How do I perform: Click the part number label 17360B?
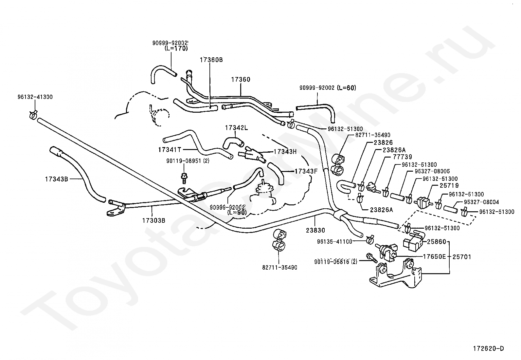211,60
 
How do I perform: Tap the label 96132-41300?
35,97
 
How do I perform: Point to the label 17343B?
57,179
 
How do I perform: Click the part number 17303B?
154,220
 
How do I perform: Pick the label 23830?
315,230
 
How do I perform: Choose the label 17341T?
170,150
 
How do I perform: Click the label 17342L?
237,128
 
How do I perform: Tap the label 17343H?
285,152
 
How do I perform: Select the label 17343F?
306,171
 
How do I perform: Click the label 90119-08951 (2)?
188,161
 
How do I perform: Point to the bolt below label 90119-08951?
184,178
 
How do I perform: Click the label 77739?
403,157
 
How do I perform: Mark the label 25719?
449,186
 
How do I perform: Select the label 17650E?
434,256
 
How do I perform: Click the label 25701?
462,257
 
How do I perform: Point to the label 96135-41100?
335,242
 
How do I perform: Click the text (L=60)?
346,88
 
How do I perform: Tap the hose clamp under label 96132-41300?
33,115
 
